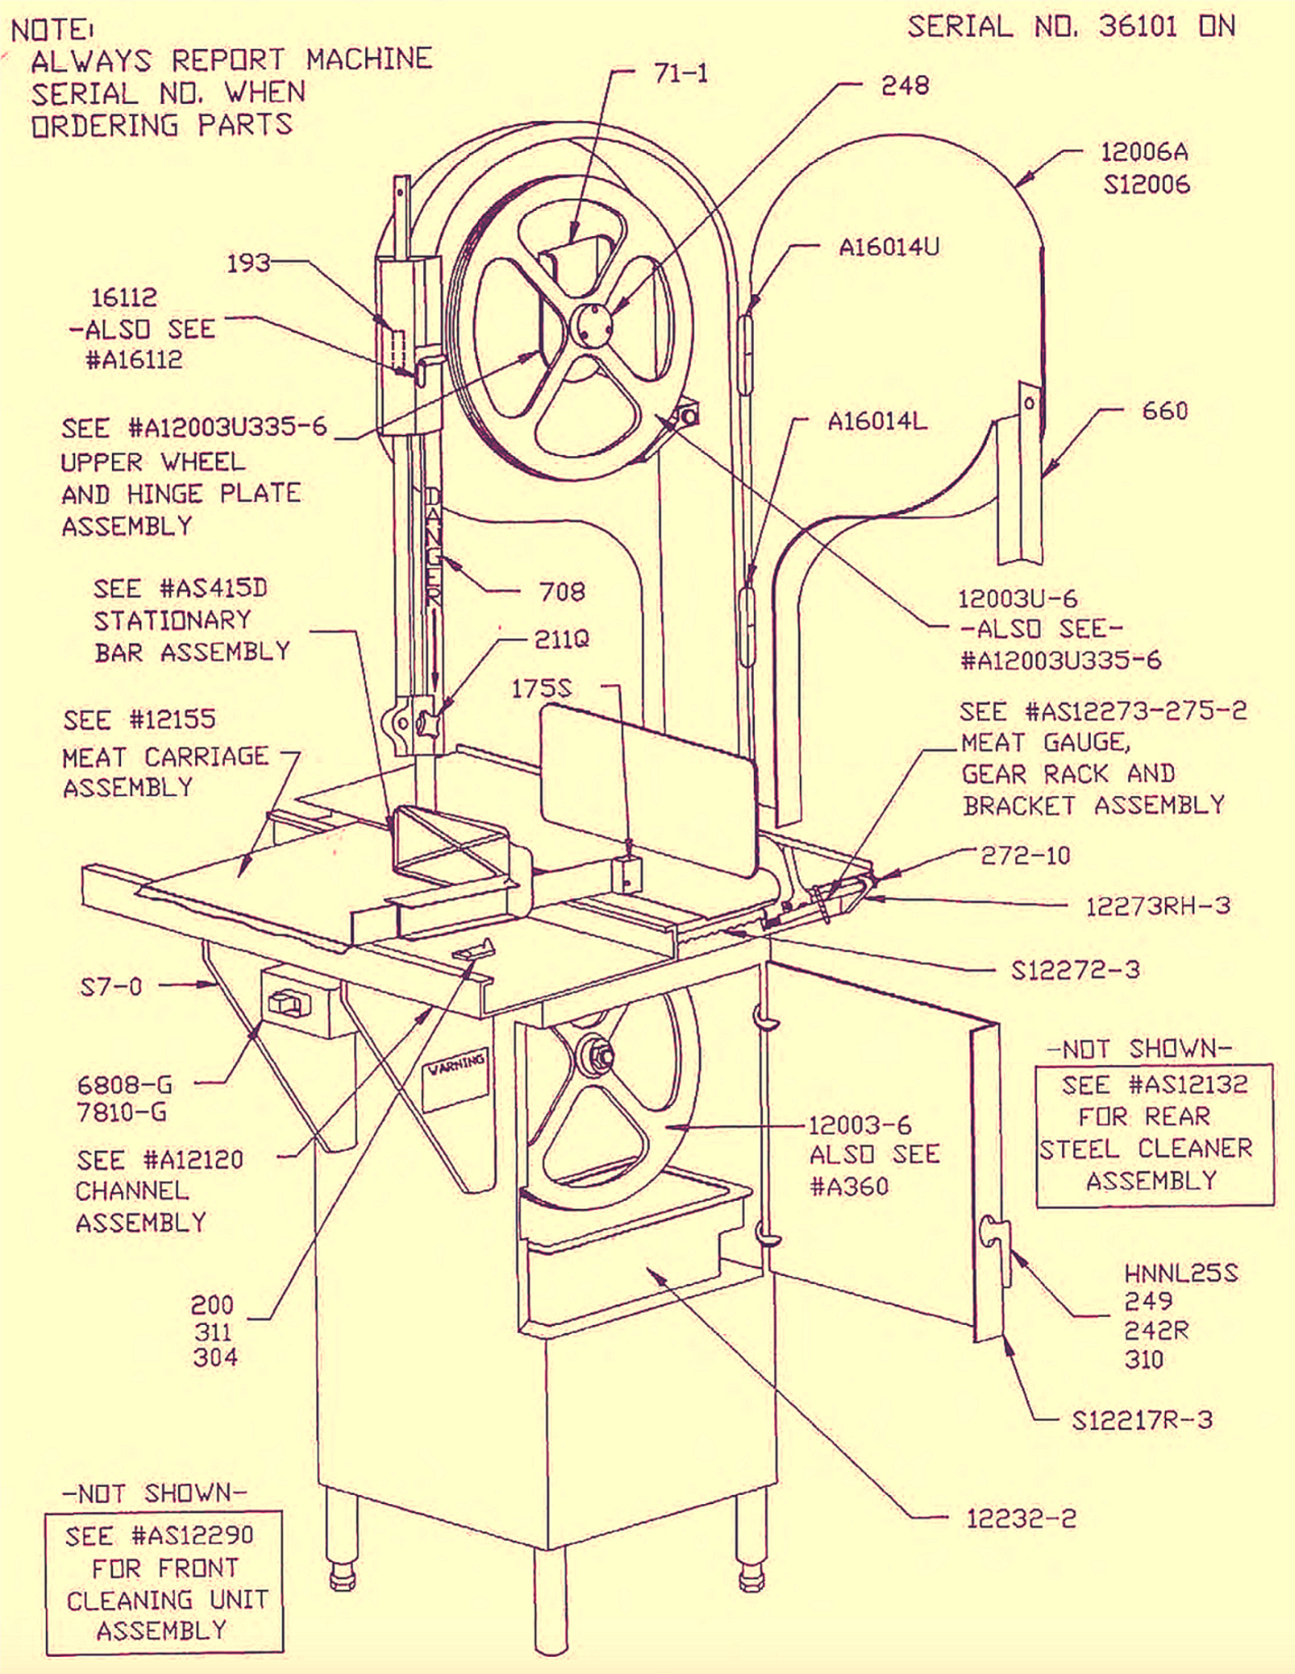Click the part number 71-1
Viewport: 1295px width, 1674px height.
click(681, 74)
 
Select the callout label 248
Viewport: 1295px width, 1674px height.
click(904, 86)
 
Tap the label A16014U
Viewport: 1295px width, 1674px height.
click(889, 247)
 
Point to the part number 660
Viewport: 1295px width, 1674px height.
click(1164, 411)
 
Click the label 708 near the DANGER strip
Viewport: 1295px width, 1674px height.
click(562, 591)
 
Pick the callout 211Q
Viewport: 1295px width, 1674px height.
click(561, 639)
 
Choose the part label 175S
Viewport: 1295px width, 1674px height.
click(542, 689)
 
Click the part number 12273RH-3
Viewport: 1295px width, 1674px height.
click(1158, 906)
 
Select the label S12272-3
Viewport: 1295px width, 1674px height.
click(1075, 970)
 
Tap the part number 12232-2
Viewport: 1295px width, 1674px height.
click(1021, 1519)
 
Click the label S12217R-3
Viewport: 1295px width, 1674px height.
click(1142, 1420)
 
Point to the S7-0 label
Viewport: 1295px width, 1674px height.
click(111, 987)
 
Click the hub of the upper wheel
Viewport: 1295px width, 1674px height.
click(592, 325)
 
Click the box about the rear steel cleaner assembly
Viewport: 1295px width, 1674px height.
click(1154, 1134)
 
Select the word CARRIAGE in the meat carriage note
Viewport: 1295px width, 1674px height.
click(206, 756)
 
